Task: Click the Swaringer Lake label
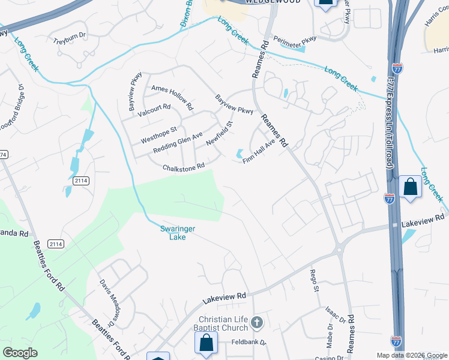[178, 233]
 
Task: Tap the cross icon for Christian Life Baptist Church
[256, 322]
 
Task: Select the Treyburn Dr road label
[70, 42]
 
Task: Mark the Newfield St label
[219, 134]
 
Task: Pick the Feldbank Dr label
[249, 344]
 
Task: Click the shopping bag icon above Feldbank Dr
[206, 343]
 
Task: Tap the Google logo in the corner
[20, 353]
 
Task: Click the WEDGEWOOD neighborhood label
[264, 2]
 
